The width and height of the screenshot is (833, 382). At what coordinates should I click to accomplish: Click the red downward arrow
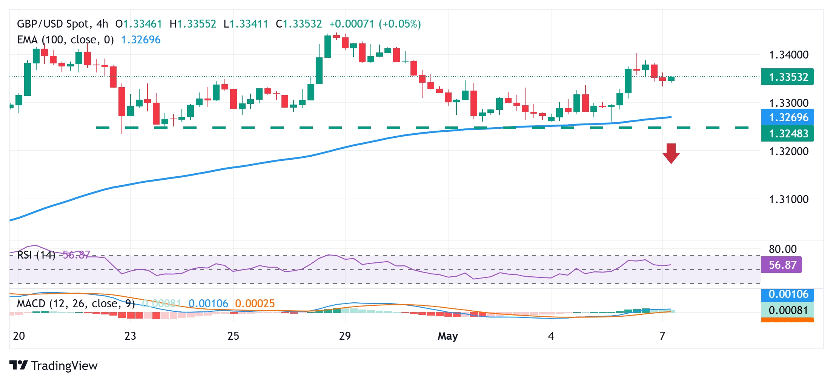pyautogui.click(x=671, y=153)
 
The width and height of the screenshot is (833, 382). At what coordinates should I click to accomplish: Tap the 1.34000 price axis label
pyautogui.click(x=788, y=55)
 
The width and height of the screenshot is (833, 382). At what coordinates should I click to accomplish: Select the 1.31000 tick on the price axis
pyautogui.click(x=788, y=199)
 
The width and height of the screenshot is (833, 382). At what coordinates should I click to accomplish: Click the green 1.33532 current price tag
pyautogui.click(x=788, y=77)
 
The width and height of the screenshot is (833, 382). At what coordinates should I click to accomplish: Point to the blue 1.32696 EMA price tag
pyautogui.click(x=788, y=117)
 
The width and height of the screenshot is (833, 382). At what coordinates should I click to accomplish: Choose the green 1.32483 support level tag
pyautogui.click(x=788, y=134)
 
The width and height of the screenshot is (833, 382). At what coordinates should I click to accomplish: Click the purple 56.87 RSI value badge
pyautogui.click(x=782, y=265)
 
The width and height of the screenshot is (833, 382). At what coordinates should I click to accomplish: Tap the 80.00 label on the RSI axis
pyautogui.click(x=783, y=249)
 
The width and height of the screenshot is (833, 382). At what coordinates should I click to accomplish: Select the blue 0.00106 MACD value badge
pyautogui.click(x=788, y=294)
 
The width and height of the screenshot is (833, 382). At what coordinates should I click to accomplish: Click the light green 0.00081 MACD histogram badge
pyautogui.click(x=788, y=310)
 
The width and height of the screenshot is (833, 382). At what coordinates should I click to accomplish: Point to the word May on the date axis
pyautogui.click(x=448, y=336)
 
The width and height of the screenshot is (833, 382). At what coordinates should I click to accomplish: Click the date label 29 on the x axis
pyautogui.click(x=345, y=336)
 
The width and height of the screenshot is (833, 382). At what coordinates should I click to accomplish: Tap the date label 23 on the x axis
pyautogui.click(x=130, y=336)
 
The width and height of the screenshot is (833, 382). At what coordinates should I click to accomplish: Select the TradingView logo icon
pyautogui.click(x=18, y=365)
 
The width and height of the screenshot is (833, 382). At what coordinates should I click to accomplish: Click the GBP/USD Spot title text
pyautogui.click(x=53, y=24)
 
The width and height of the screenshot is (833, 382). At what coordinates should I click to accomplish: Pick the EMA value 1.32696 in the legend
pyautogui.click(x=141, y=40)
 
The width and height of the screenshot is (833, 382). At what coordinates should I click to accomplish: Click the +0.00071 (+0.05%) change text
pyautogui.click(x=375, y=24)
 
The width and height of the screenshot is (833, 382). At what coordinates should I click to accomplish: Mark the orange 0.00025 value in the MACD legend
pyautogui.click(x=255, y=303)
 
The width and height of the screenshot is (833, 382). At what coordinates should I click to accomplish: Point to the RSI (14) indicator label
pyautogui.click(x=36, y=255)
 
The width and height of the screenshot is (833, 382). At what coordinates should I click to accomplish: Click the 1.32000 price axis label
pyautogui.click(x=788, y=151)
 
